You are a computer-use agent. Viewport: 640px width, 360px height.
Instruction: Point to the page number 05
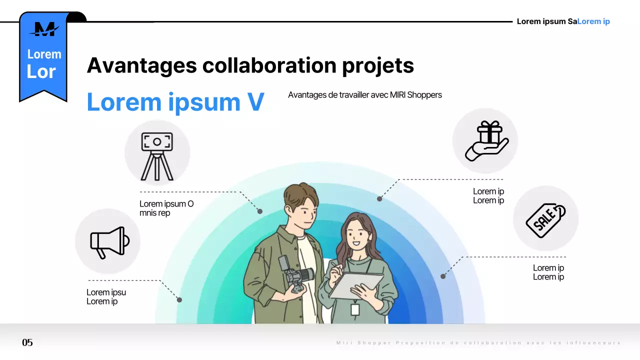pyautogui.click(x=27, y=342)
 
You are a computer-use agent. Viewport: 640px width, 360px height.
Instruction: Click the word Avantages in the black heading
pyautogui.click(x=141, y=65)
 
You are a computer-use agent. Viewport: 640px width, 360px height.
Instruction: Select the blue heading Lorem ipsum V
pyautogui.click(x=175, y=102)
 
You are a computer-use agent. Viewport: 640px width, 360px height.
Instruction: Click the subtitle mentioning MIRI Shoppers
pyautogui.click(x=365, y=95)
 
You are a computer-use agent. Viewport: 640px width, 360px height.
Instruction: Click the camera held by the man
pyautogui.click(x=297, y=275)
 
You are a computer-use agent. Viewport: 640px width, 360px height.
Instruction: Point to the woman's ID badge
pyautogui.click(x=355, y=309)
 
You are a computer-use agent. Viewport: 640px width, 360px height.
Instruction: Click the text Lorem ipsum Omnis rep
pyautogui.click(x=166, y=208)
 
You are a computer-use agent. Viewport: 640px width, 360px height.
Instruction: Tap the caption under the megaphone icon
pyautogui.click(x=106, y=297)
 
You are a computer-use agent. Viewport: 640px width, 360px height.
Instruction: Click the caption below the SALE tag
pyautogui.click(x=548, y=272)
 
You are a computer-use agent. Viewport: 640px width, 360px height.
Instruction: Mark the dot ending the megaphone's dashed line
pyautogui.click(x=179, y=300)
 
